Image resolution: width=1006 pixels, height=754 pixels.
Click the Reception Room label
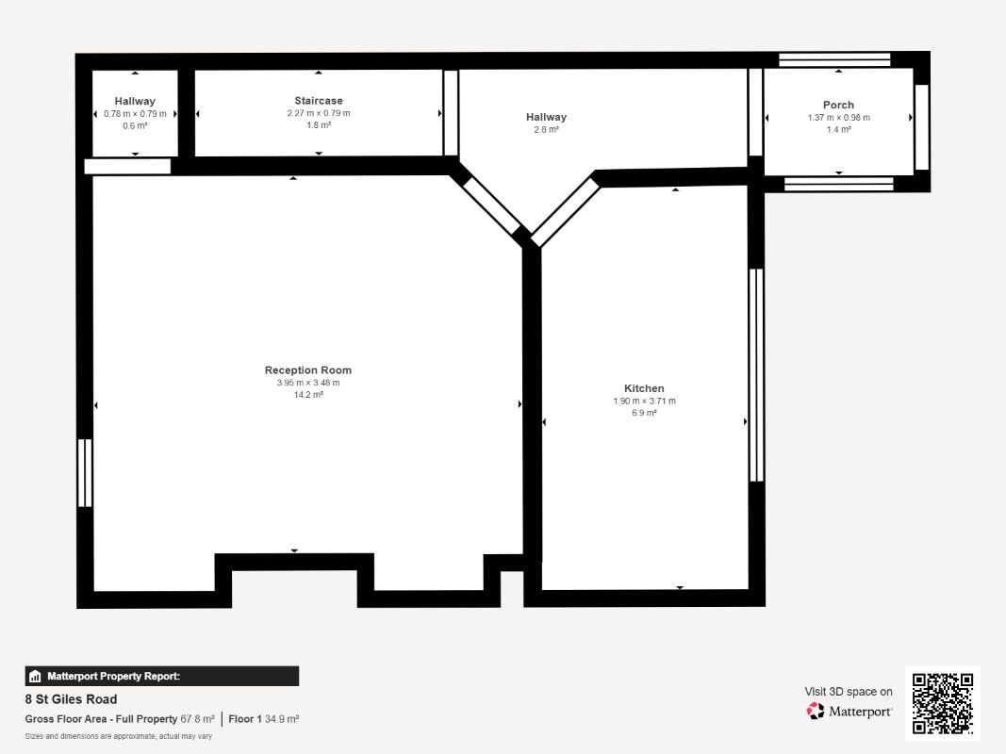click(308, 370)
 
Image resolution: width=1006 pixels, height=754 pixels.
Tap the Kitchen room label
click(644, 388)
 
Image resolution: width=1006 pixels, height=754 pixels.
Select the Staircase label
click(319, 101)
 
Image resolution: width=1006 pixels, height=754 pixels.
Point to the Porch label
click(838, 105)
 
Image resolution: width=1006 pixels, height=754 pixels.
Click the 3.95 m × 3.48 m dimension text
click(308, 383)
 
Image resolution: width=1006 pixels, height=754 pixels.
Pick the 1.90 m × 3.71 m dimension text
click(644, 401)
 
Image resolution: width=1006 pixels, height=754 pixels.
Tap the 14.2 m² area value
click(308, 394)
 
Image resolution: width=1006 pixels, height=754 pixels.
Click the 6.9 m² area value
click(644, 413)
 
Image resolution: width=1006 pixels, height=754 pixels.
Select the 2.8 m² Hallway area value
click(546, 129)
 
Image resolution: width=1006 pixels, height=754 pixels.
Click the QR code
click(943, 703)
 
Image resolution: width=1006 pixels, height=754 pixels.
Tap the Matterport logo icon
click(816, 711)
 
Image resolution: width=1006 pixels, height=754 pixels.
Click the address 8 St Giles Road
click(72, 698)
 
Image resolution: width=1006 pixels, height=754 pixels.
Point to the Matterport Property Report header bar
click(161, 676)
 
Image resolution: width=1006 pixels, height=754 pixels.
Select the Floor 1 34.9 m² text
click(264, 719)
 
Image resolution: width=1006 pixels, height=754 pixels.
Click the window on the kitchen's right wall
click(756, 375)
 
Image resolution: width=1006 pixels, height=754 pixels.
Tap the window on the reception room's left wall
click(85, 472)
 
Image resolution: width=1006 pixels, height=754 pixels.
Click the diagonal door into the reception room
click(491, 205)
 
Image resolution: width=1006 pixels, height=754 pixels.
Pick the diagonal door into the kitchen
click(566, 212)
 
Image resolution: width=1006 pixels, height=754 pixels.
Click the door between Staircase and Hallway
click(451, 113)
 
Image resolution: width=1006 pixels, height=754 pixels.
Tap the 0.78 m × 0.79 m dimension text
click(135, 113)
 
